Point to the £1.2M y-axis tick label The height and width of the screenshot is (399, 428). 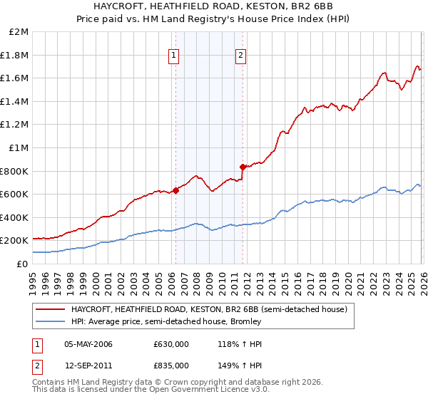[x=15, y=125]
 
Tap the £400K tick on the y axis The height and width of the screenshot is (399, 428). [x=15, y=217]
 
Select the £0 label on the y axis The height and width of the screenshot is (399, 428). [x=23, y=264]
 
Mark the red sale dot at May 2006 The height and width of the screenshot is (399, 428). [x=175, y=191]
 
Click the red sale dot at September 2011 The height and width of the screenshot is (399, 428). [x=243, y=167]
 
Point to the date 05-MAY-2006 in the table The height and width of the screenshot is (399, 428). [x=88, y=344]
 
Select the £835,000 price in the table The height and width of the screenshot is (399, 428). [x=170, y=364]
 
